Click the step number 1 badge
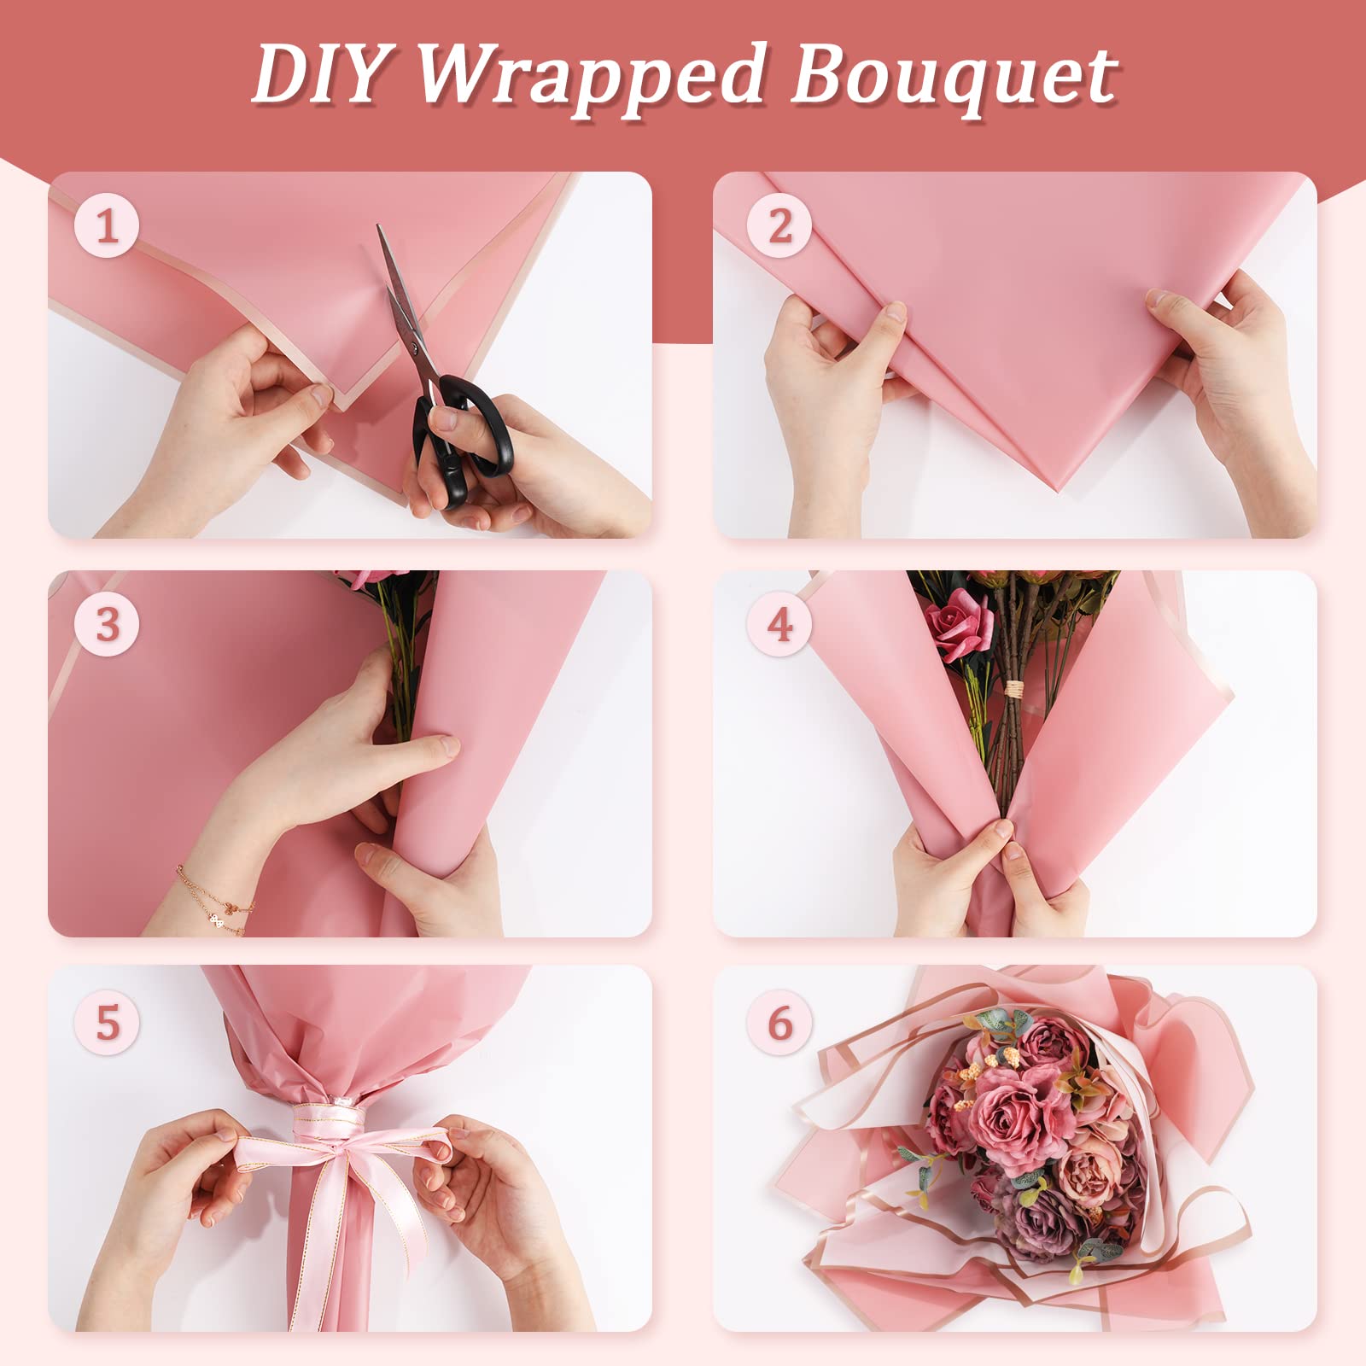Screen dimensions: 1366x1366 (x=107, y=227)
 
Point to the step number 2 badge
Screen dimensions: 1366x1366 (x=779, y=227)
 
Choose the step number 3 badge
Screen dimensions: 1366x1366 (x=107, y=625)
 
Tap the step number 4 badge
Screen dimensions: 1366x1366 (x=779, y=625)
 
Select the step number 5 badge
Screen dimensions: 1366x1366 (x=107, y=1022)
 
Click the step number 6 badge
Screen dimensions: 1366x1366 (x=779, y=1022)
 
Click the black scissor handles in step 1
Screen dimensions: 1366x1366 (x=462, y=440)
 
